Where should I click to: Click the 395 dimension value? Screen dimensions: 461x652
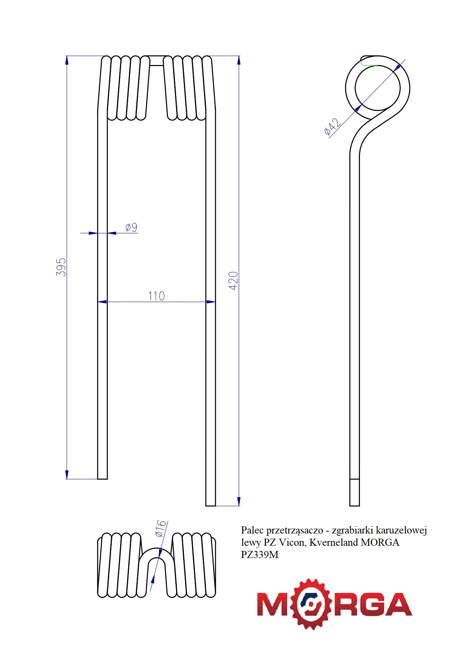(61, 267)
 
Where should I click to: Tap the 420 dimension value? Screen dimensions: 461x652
(233, 281)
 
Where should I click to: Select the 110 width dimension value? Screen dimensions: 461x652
(156, 296)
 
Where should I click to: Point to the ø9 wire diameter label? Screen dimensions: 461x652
(131, 227)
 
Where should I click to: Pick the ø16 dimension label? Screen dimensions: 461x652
(160, 529)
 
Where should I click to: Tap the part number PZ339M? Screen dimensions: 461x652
(260, 555)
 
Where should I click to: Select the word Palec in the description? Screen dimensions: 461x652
(252, 530)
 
